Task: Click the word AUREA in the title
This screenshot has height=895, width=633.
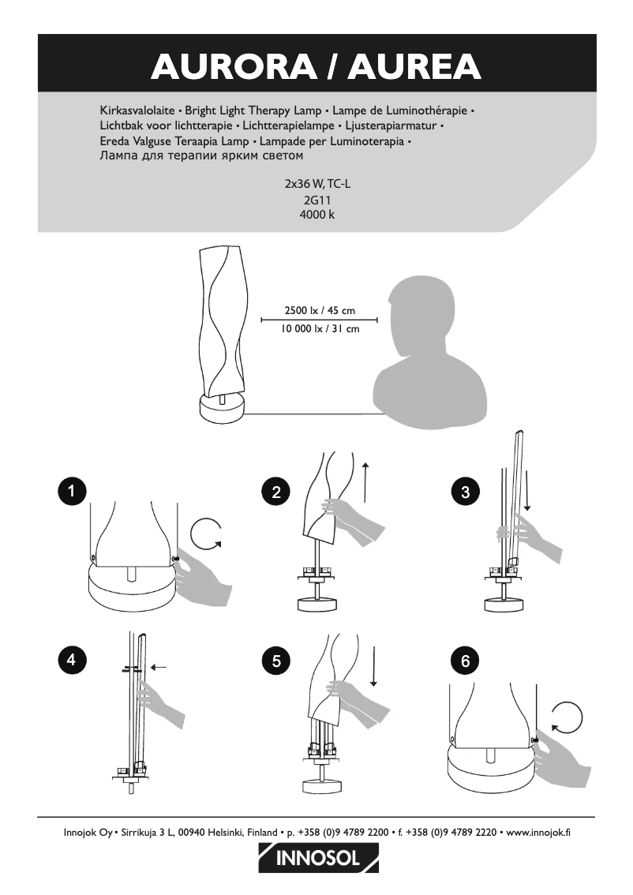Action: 416,66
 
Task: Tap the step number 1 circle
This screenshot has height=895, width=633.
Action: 72,492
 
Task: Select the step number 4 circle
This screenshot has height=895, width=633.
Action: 72,660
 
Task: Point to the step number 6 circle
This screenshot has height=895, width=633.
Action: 466,660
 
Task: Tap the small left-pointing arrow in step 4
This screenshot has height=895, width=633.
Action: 160,667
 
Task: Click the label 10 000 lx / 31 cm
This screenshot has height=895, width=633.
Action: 320,328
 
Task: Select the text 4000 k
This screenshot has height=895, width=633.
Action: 316,215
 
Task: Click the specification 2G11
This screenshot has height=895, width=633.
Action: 316,201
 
